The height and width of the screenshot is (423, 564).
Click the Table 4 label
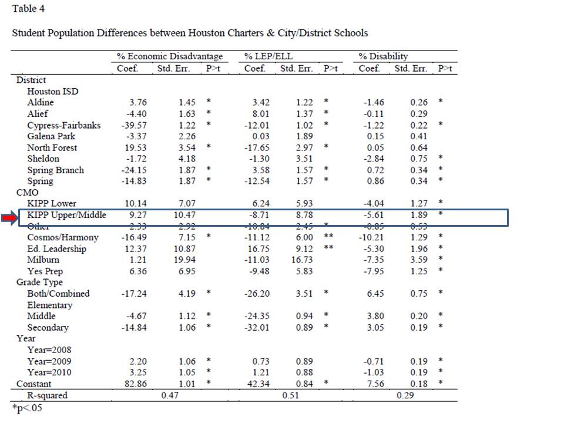(28, 8)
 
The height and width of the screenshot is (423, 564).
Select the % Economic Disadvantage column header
(169, 56)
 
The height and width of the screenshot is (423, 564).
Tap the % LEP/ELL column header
(268, 56)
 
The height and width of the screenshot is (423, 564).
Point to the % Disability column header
(384, 56)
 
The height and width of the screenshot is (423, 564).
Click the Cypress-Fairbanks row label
(63, 125)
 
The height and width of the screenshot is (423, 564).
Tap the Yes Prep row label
(45, 271)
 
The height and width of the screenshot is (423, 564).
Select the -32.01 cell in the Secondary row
(257, 327)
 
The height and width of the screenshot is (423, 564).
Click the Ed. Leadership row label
(56, 249)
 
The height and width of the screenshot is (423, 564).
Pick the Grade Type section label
(38, 282)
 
